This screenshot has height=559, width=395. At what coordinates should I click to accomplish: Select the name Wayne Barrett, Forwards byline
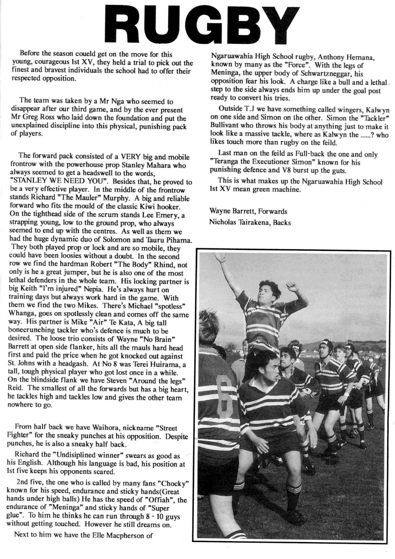[x=248, y=211]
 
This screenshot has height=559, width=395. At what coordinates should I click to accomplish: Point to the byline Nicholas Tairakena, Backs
[x=250, y=223]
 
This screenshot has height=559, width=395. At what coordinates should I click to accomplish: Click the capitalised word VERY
[x=129, y=157]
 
